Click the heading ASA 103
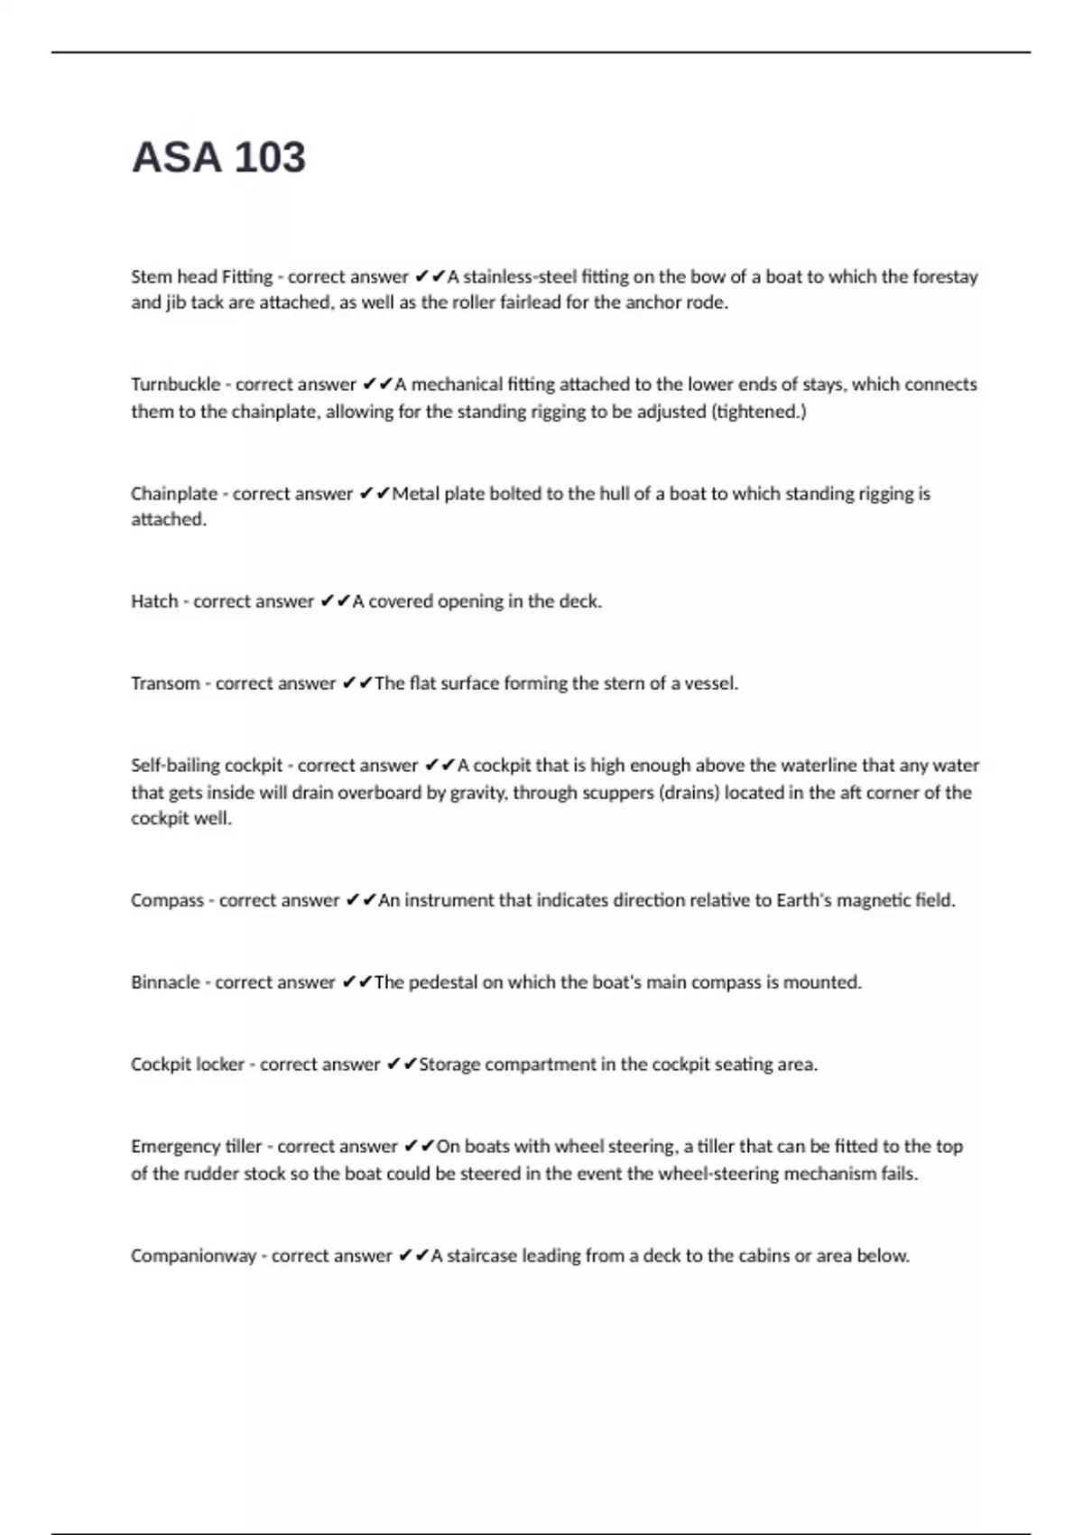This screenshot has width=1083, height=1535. point(218,157)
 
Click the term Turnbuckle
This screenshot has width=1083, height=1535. point(175,385)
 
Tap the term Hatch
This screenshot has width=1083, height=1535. point(154,601)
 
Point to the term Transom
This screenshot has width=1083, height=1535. point(165,684)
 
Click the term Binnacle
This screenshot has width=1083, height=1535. point(165,982)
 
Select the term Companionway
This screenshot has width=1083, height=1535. point(193,1256)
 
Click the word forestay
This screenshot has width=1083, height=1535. point(945,277)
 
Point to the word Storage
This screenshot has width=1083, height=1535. point(449,1065)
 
